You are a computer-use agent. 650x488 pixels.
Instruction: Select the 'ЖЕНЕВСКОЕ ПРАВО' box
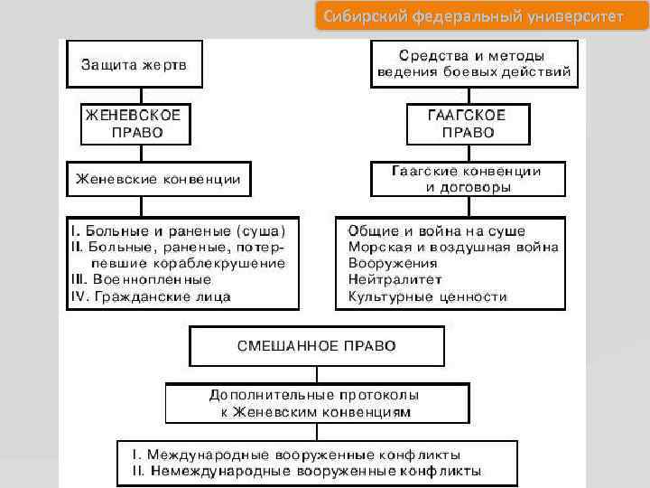[135, 123]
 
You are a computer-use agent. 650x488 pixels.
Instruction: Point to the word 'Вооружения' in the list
[388, 263]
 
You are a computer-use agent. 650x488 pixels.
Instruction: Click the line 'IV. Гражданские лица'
[151, 296]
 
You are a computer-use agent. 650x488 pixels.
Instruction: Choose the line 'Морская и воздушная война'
[453, 247]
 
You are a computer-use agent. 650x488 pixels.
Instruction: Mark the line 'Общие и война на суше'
[437, 230]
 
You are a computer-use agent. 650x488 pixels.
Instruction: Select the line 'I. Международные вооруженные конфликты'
[297, 454]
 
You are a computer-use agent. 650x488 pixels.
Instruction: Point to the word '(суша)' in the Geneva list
[262, 230]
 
